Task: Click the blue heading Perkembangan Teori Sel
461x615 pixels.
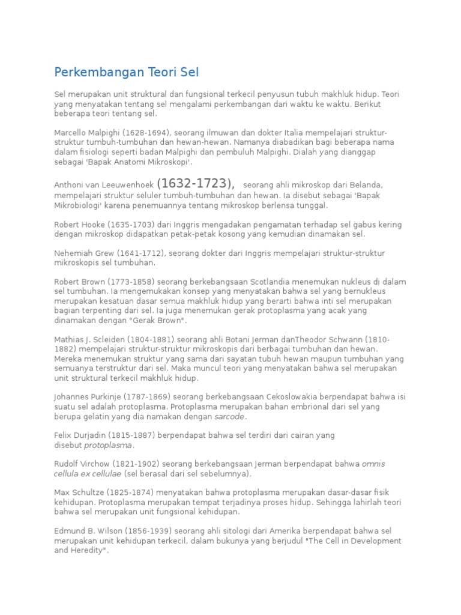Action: tap(126, 73)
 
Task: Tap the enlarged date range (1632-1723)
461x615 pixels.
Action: tap(195, 183)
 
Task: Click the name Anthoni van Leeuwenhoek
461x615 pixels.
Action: tap(103, 185)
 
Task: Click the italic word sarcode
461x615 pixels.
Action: tap(229, 416)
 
